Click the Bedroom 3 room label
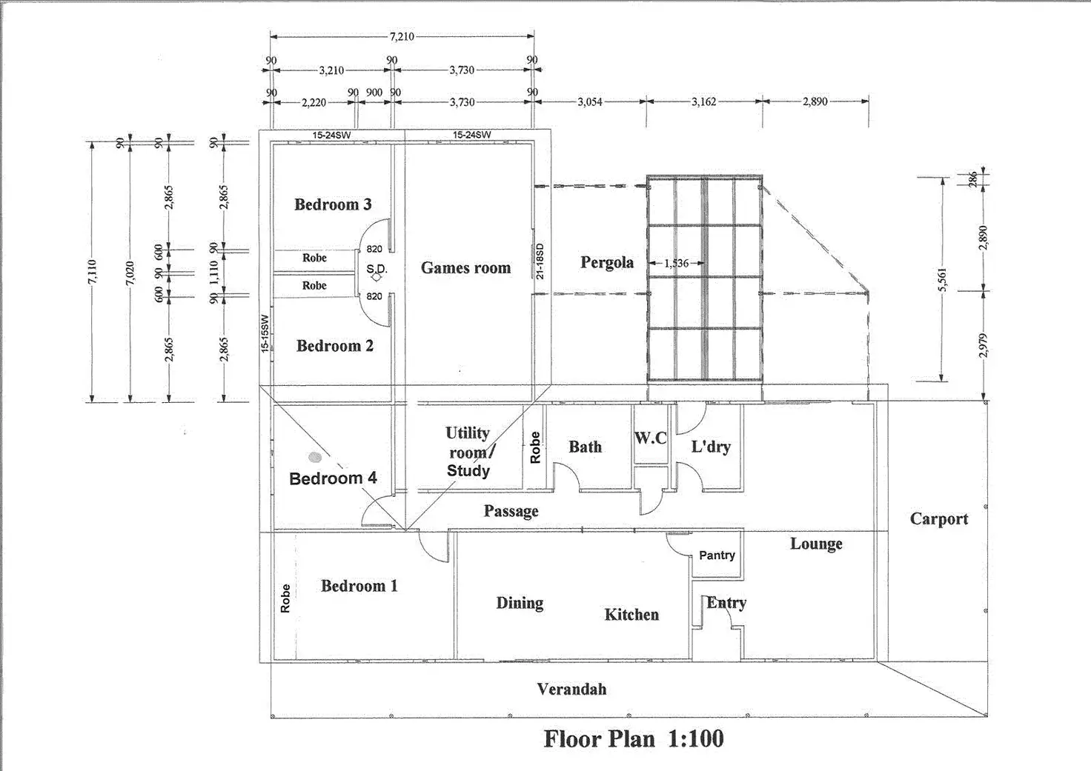(333, 204)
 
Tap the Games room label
(465, 268)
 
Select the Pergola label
(607, 262)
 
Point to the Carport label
(939, 519)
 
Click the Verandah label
(571, 690)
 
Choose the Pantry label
(717, 555)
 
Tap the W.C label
(651, 438)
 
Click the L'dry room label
(711, 447)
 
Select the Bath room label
(585, 447)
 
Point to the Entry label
(726, 603)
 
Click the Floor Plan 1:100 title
(634, 739)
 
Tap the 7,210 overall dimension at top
(402, 36)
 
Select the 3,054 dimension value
(590, 101)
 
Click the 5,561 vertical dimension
(943, 279)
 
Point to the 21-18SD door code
(540, 261)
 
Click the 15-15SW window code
(265, 333)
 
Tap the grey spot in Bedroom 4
(315, 458)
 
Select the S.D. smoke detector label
(377, 269)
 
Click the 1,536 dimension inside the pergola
(677, 263)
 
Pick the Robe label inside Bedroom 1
(286, 598)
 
